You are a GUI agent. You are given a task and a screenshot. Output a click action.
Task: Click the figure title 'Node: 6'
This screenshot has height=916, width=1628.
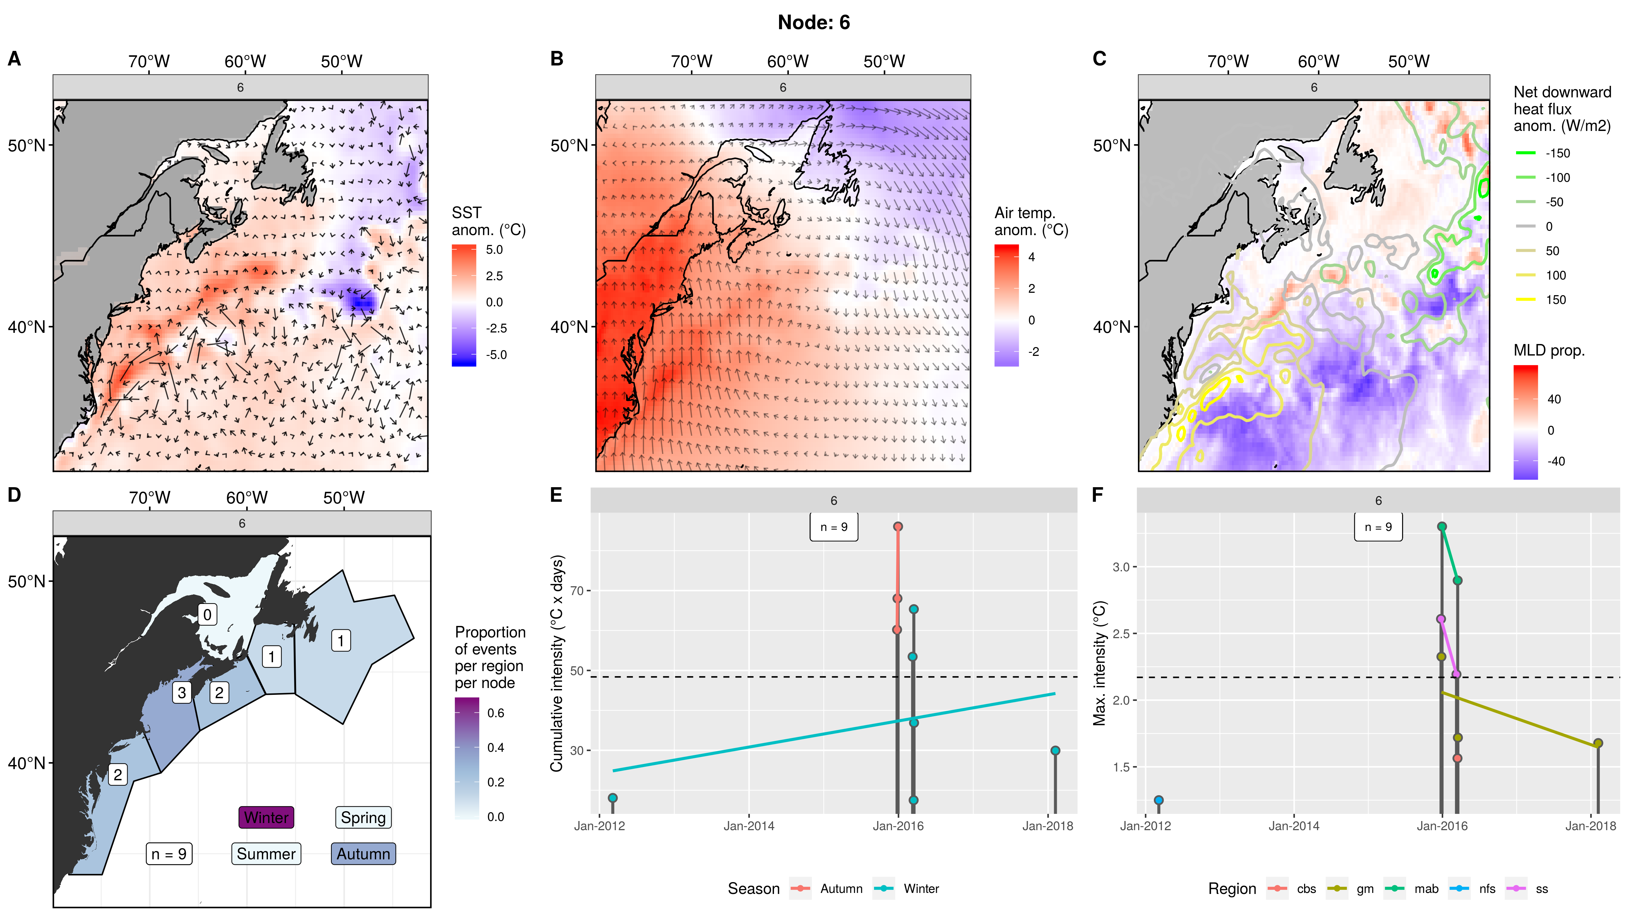click(x=813, y=23)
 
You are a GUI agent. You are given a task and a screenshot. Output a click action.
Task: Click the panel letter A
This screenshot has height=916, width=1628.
click(x=14, y=59)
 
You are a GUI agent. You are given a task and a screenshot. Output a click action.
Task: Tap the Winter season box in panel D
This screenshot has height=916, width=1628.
click(x=266, y=817)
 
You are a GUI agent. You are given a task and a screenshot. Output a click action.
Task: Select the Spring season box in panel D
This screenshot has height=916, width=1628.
click(x=363, y=817)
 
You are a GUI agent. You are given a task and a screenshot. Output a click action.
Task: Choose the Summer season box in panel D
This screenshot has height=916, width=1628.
click(x=266, y=854)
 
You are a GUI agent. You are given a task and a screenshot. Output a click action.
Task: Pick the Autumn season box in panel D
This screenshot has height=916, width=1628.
click(x=363, y=854)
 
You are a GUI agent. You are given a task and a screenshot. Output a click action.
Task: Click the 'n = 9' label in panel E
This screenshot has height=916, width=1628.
click(x=834, y=527)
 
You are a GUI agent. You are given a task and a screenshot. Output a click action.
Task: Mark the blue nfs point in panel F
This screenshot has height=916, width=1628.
click(x=1159, y=800)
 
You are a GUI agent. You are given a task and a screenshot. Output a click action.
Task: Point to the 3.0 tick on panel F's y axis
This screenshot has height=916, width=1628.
click(x=1121, y=567)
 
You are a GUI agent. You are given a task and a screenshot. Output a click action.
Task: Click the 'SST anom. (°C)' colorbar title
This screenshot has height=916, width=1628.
click(x=488, y=221)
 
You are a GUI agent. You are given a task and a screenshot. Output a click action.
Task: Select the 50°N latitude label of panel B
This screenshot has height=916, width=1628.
click(x=569, y=146)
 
